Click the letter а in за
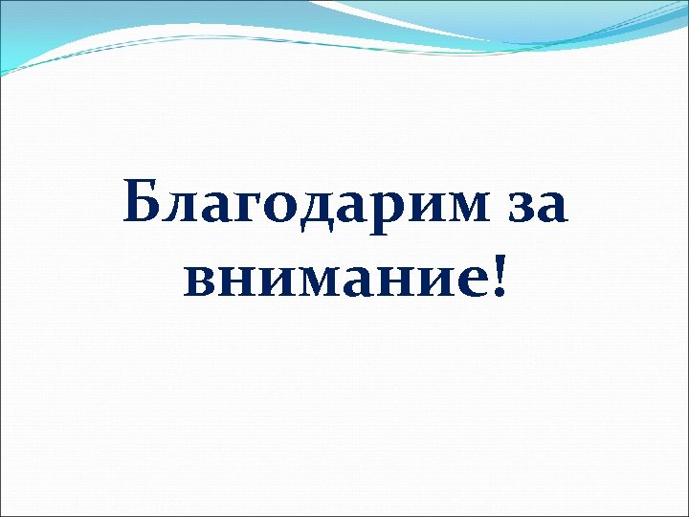click(x=548, y=207)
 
